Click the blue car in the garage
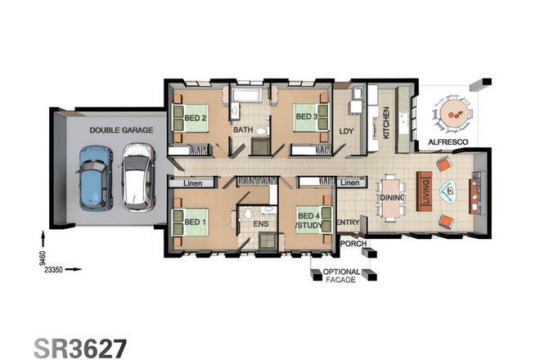[94, 178]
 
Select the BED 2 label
[194, 116]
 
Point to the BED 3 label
[306, 116]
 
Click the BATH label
[242, 130]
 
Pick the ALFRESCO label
[448, 142]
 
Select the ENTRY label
[348, 222]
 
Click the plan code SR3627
[80, 346]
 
